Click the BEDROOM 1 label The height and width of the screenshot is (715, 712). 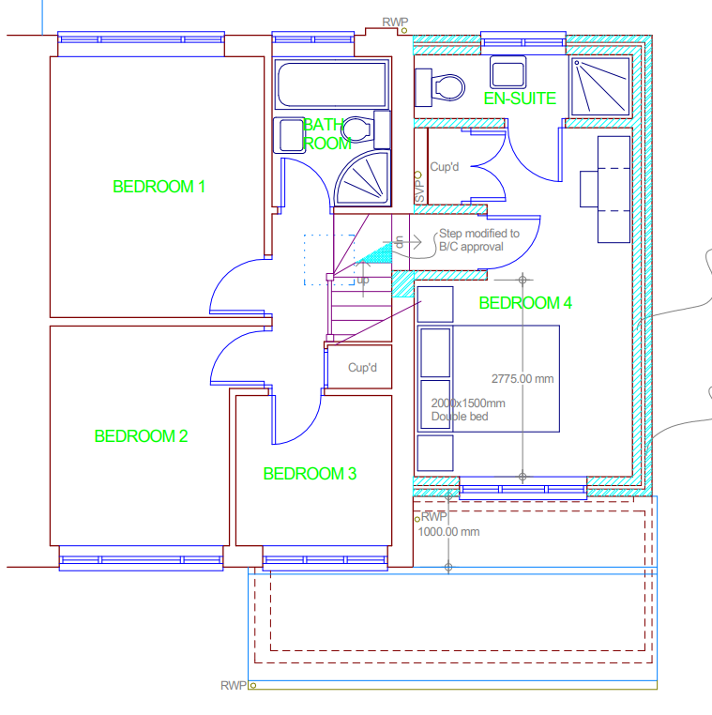(x=159, y=187)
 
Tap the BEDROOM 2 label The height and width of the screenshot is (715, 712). (x=141, y=436)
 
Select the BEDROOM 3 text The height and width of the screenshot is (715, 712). (x=310, y=474)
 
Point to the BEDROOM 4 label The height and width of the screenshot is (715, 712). (x=525, y=303)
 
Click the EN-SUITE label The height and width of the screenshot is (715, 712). (x=520, y=99)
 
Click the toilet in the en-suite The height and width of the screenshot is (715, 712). (x=440, y=87)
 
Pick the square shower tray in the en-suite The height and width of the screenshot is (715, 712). (x=600, y=85)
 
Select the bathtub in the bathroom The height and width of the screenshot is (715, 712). (x=332, y=85)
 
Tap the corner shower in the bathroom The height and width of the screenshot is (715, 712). (x=362, y=178)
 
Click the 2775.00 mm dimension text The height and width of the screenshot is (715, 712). (x=523, y=378)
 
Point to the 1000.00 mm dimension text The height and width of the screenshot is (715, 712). (x=448, y=532)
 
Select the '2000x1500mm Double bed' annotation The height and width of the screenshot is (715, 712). (x=468, y=409)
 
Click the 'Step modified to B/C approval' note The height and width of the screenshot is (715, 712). (x=479, y=240)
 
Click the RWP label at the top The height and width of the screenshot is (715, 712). (x=395, y=22)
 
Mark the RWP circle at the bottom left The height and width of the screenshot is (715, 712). (x=253, y=685)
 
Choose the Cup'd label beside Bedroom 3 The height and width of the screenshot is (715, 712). (x=362, y=368)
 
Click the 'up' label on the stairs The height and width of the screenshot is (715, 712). (x=363, y=280)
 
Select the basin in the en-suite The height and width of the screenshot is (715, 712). (x=507, y=72)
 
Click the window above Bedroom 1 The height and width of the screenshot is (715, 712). (x=142, y=39)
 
